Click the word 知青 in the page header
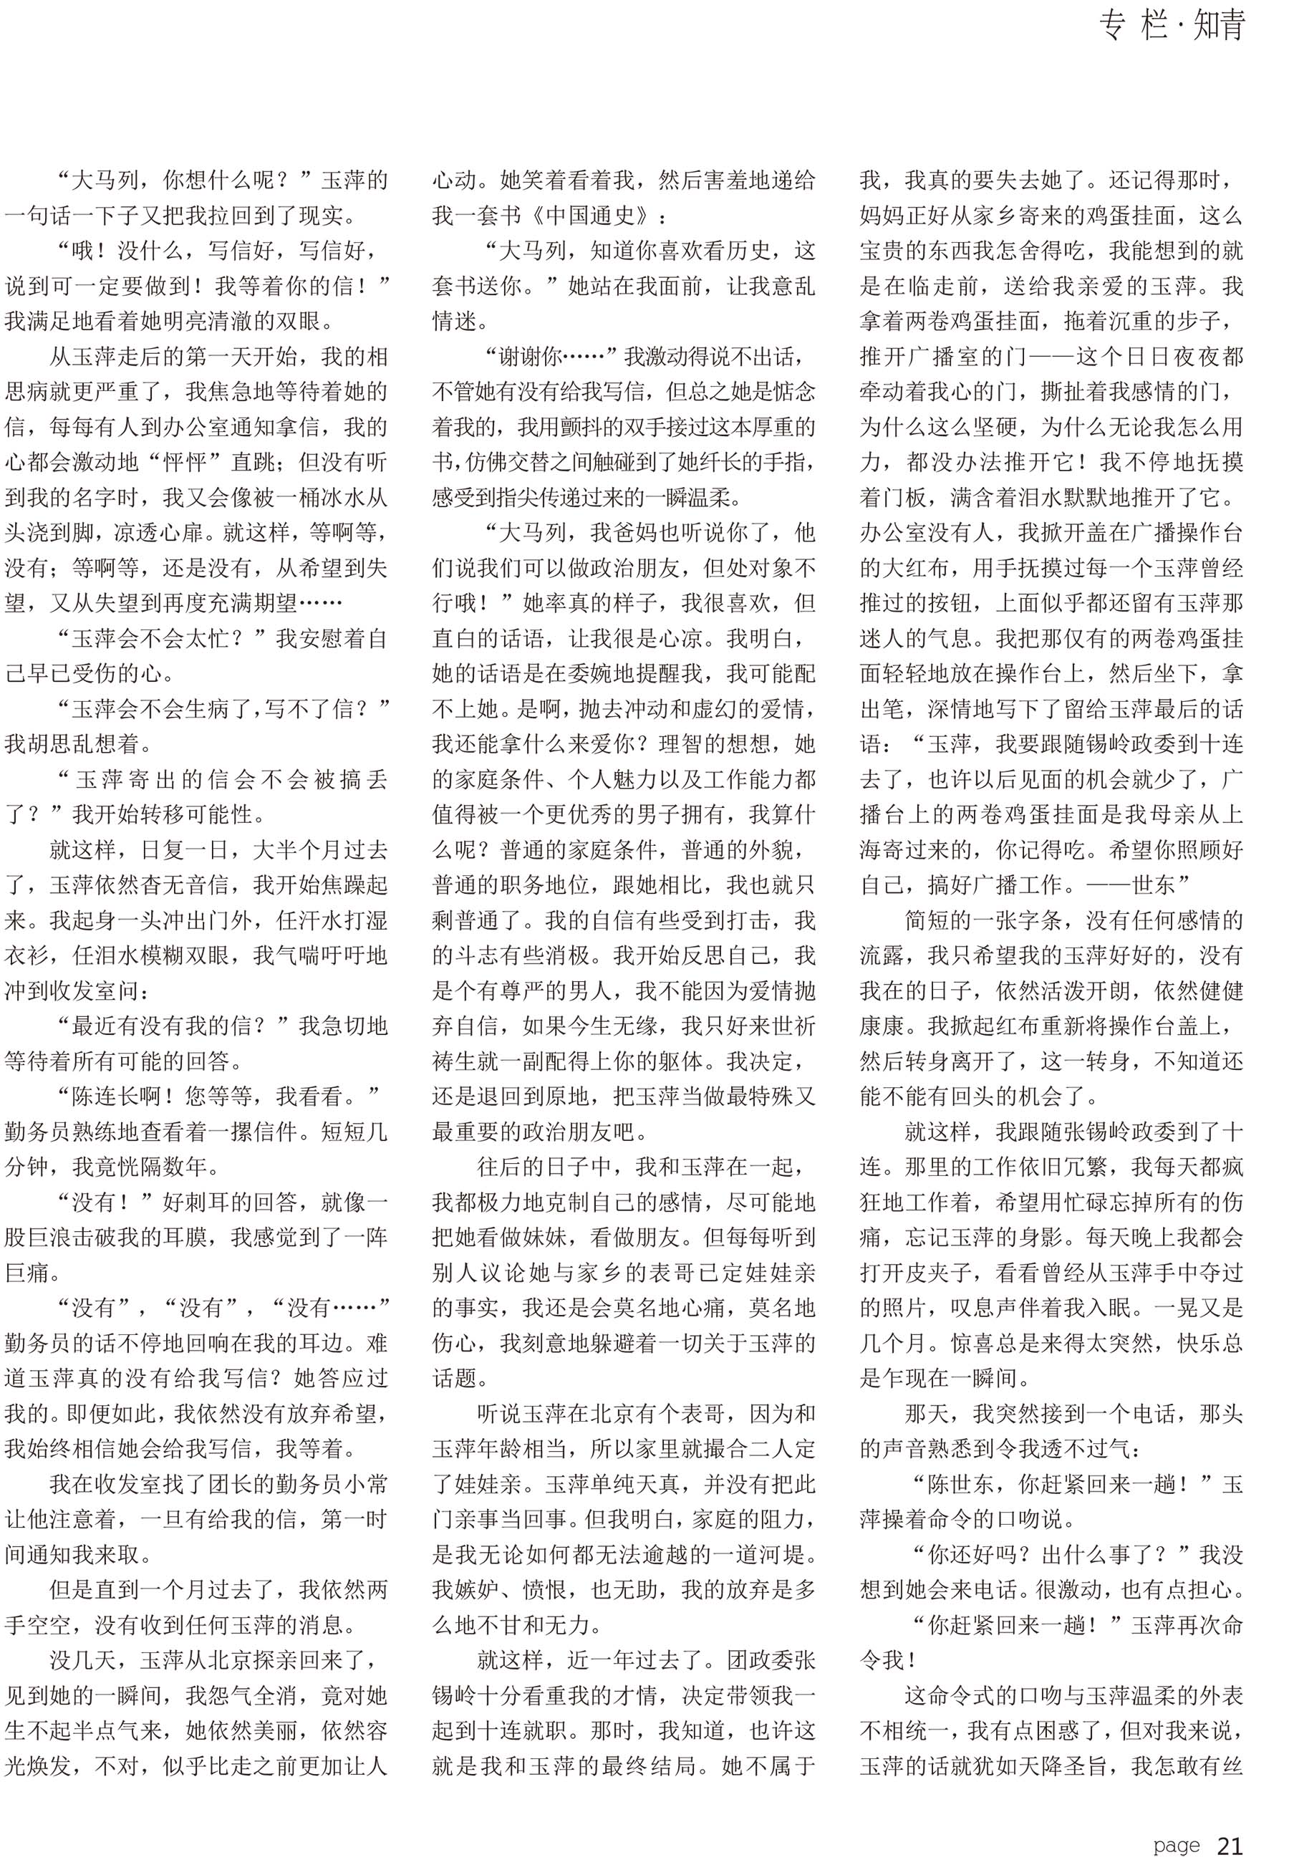(x=1219, y=26)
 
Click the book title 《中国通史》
(x=595, y=216)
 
